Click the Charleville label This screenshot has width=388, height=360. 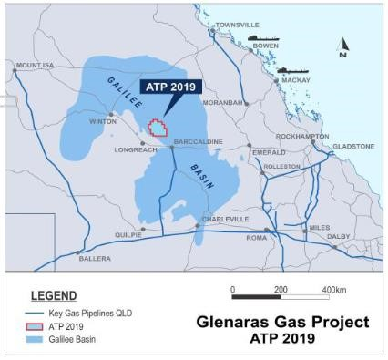(x=224, y=220)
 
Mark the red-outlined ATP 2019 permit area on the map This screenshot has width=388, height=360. (x=159, y=128)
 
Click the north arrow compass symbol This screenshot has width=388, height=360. (x=343, y=46)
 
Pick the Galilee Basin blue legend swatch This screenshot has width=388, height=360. (x=35, y=339)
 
